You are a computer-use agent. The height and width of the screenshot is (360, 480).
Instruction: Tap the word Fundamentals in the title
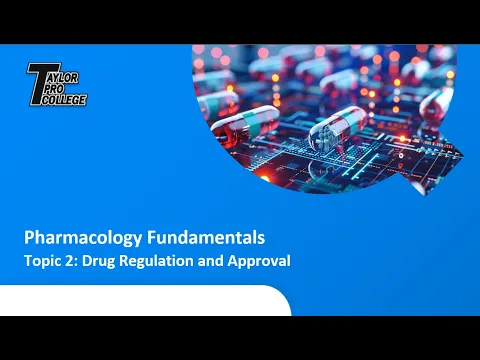(x=206, y=237)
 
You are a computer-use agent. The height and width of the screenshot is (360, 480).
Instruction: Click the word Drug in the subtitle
(x=98, y=261)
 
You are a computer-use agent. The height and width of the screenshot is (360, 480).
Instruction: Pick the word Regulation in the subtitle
(x=156, y=261)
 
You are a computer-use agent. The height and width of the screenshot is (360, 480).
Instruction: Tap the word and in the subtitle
(x=210, y=261)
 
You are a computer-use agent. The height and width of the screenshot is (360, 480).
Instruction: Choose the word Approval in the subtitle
(x=259, y=261)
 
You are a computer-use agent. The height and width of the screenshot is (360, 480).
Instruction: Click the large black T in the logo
(x=40, y=83)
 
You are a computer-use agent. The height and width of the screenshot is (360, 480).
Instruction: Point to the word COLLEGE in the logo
(x=64, y=100)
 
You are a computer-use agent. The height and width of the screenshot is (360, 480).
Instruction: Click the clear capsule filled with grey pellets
(x=338, y=128)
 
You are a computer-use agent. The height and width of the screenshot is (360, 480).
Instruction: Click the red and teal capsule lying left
(x=244, y=127)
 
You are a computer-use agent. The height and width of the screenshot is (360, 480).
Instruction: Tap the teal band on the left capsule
(x=253, y=123)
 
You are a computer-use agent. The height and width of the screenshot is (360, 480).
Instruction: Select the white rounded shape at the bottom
(x=145, y=300)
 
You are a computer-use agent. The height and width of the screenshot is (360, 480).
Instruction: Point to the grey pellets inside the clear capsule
(x=324, y=136)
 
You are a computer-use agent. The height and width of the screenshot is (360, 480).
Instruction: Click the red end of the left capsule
(x=225, y=134)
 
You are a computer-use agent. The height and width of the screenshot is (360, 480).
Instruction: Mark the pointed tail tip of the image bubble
(x=426, y=196)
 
